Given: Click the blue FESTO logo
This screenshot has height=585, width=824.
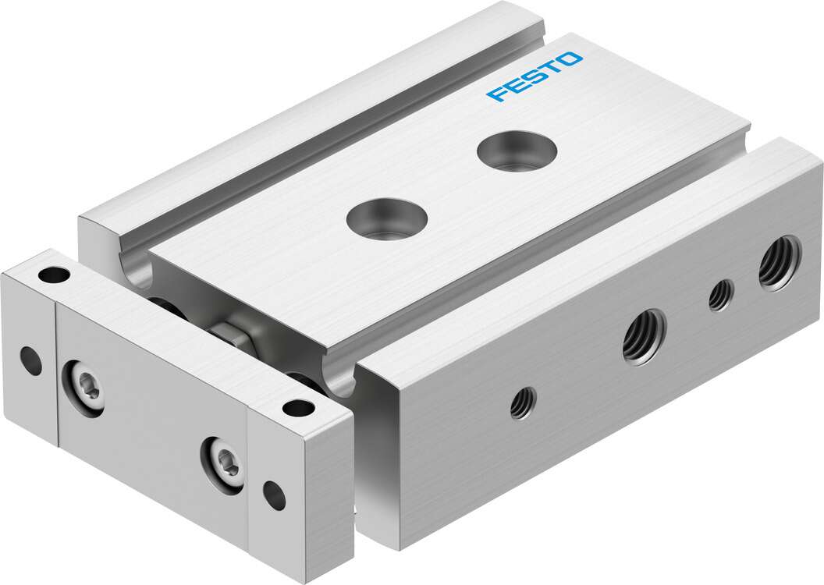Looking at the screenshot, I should tap(534, 77).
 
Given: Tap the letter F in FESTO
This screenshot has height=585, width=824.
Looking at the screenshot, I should tap(495, 94).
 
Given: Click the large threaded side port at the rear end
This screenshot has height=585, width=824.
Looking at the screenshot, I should tap(779, 263).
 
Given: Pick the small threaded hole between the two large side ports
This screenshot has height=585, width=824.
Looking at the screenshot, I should tap(720, 294).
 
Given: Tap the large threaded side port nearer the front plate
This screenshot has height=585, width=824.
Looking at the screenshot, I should tap(644, 336).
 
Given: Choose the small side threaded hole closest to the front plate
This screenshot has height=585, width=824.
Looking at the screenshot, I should tap(523, 402).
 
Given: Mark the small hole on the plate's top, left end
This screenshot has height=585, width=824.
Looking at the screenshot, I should tap(54, 275).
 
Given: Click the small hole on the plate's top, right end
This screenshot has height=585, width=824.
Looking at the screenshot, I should tap(297, 406).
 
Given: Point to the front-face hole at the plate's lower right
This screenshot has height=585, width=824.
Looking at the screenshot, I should tap(274, 492).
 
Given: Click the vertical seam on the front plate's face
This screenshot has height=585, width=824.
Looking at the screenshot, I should tap(56, 374).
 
